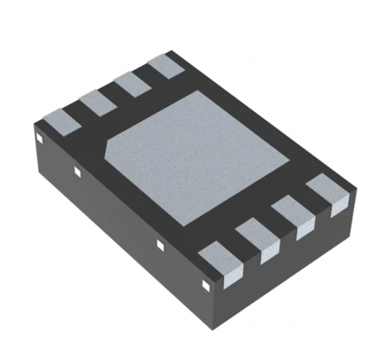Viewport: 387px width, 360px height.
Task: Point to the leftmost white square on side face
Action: click(x=37, y=141)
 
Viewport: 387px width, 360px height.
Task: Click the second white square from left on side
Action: click(x=77, y=171)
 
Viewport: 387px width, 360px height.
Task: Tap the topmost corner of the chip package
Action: click(x=174, y=51)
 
